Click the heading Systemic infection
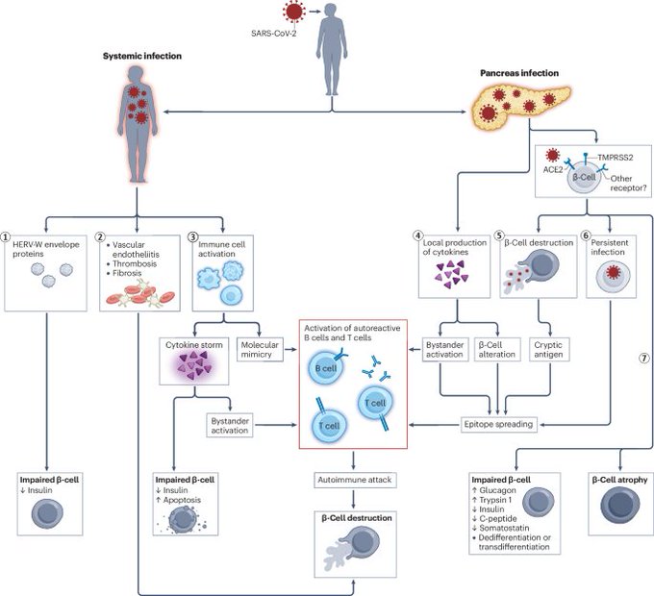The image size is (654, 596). (x=142, y=57)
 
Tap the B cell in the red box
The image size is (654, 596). (x=330, y=368)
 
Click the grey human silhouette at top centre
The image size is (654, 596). (x=333, y=44)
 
